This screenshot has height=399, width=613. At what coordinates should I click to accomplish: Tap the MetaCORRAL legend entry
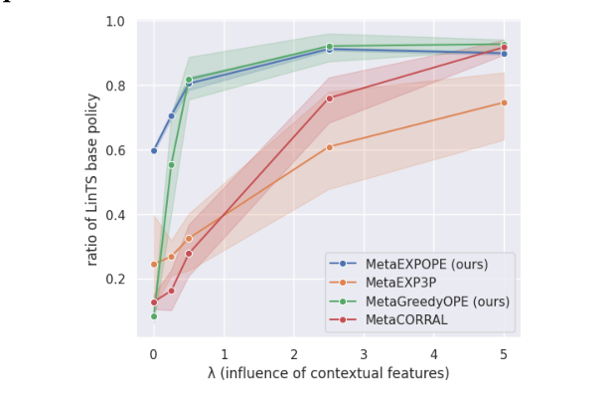pyautogui.click(x=405, y=319)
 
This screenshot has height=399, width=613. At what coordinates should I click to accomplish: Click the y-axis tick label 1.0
pyautogui.click(x=115, y=22)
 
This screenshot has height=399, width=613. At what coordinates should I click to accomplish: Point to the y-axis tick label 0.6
pyautogui.click(x=115, y=150)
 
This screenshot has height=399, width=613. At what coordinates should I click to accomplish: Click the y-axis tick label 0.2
pyautogui.click(x=115, y=279)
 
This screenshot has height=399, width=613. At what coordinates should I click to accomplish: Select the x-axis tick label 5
pyautogui.click(x=504, y=353)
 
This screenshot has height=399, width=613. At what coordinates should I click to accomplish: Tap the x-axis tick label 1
pyautogui.click(x=224, y=353)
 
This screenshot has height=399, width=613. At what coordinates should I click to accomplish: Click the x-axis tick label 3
pyautogui.click(x=364, y=353)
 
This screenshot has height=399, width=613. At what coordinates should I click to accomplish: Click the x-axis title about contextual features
pyautogui.click(x=329, y=373)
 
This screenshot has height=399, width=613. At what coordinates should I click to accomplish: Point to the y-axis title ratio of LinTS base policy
pyautogui.click(x=91, y=179)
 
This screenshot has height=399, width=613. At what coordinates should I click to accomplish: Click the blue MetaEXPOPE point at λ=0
pyautogui.click(x=154, y=150)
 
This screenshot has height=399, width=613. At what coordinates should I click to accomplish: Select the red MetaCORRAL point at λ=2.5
pyautogui.click(x=329, y=98)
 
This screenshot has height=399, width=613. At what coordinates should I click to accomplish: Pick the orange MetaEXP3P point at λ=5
pyautogui.click(x=504, y=102)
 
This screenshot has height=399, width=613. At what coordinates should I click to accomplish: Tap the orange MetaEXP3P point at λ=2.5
pyautogui.click(x=329, y=146)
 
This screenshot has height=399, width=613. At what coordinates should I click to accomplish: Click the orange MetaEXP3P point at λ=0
pyautogui.click(x=154, y=265)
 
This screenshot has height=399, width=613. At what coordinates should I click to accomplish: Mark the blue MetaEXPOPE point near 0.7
pyautogui.click(x=171, y=115)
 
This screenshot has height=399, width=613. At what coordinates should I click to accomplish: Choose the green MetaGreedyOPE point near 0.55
pyautogui.click(x=171, y=165)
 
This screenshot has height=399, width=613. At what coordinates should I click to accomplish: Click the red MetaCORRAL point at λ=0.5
pyautogui.click(x=189, y=253)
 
